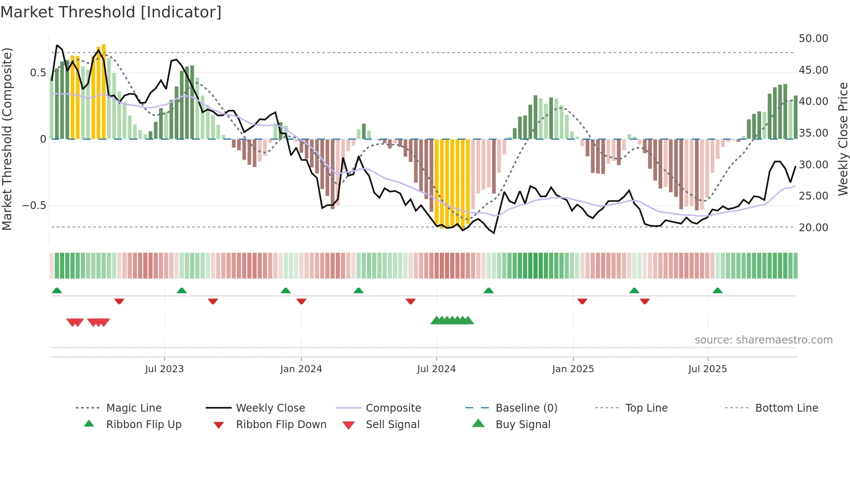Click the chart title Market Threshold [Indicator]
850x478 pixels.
pos(111,12)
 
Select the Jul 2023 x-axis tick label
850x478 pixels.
pos(164,369)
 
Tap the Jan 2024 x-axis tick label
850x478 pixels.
pos(301,369)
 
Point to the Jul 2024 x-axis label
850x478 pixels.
pos(436,369)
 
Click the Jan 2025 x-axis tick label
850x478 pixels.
pos(573,369)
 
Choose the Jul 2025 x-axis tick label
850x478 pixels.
pos(707,369)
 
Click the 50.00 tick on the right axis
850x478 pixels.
pos(813,39)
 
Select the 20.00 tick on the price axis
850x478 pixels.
pos(813,228)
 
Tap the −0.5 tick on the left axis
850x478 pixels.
pos(34,206)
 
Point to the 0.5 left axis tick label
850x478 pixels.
pos(38,73)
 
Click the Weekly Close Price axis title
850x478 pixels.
pos(843,139)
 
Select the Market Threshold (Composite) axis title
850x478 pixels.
pos(7,139)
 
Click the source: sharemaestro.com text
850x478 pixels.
pos(763,340)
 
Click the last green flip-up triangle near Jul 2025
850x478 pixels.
pos(717,291)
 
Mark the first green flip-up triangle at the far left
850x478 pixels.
pos(57,291)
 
